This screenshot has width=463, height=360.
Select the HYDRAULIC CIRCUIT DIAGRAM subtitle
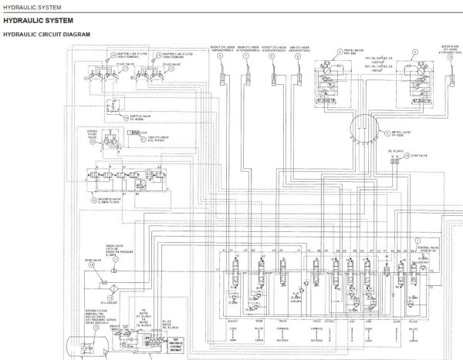(47, 35)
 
